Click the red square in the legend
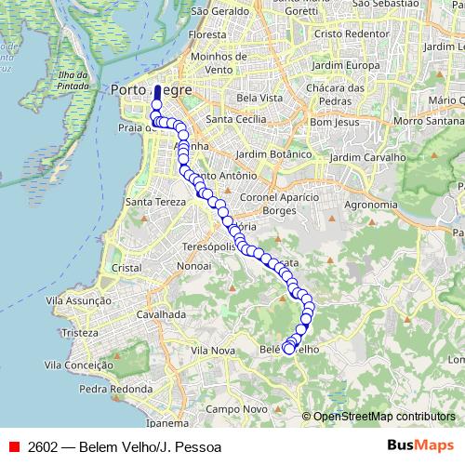(14, 446)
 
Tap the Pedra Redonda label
(115, 389)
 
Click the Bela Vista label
(259, 97)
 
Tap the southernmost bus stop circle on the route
(289, 349)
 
